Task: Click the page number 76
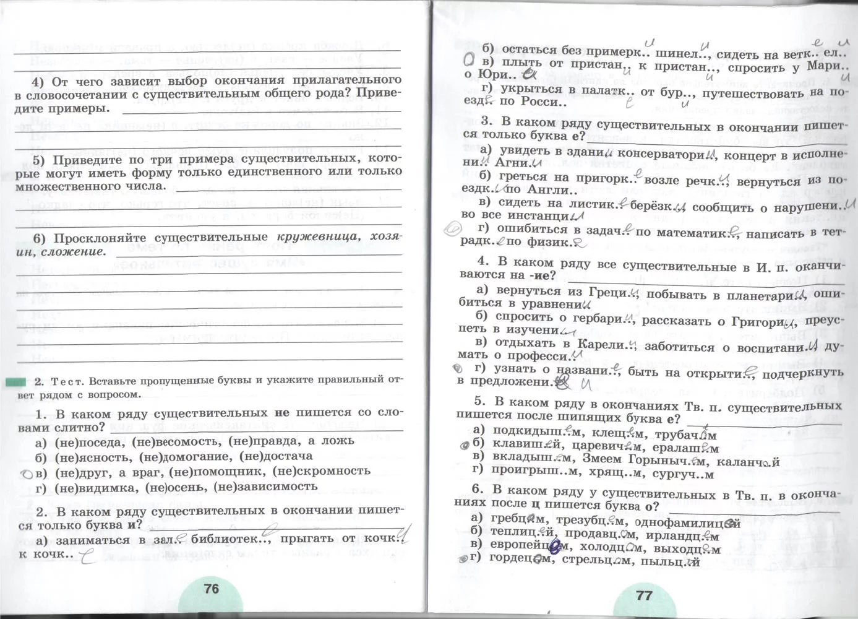pyautogui.click(x=212, y=589)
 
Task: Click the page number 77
pyautogui.click(x=644, y=595)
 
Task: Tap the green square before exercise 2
pyautogui.click(x=15, y=382)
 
